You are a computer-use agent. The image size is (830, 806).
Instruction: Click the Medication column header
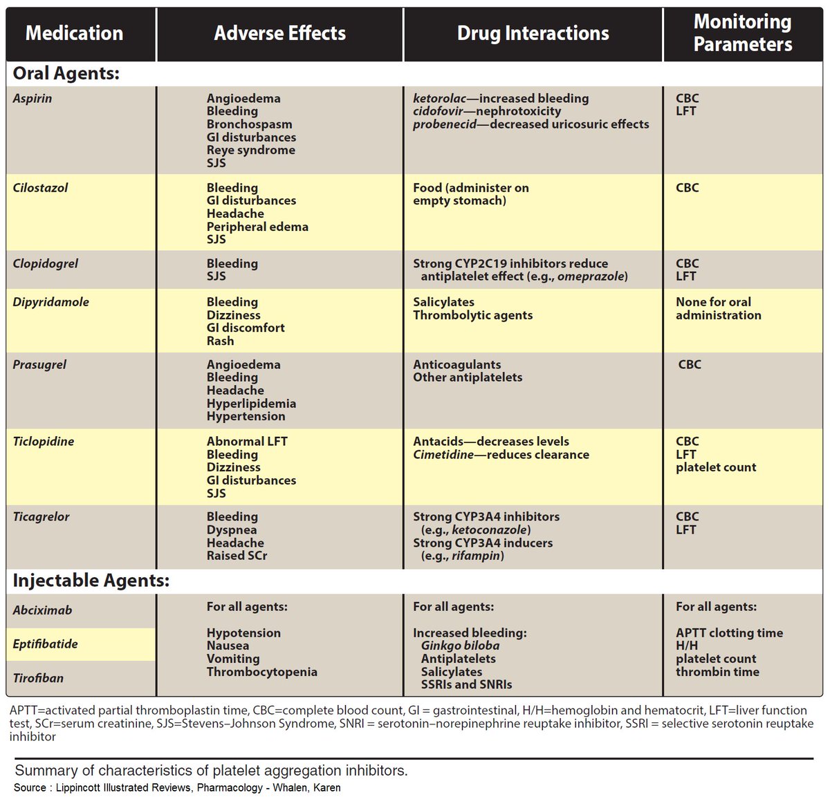click(x=74, y=33)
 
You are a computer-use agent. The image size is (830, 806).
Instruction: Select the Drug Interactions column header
click(x=533, y=33)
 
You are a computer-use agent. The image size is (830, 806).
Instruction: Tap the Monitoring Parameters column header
click(x=743, y=33)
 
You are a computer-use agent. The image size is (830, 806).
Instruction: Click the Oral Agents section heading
click(x=66, y=73)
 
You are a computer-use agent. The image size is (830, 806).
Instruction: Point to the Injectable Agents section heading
click(x=91, y=581)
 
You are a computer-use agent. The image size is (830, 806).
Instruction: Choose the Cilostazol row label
click(x=40, y=188)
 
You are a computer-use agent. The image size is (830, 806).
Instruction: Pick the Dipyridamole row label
click(x=50, y=302)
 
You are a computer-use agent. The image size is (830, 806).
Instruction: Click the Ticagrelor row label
click(x=41, y=517)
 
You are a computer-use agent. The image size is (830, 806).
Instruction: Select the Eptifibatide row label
click(x=45, y=644)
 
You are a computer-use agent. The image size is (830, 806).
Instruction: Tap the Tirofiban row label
click(x=38, y=678)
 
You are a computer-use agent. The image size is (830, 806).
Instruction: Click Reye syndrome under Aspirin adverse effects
click(x=250, y=150)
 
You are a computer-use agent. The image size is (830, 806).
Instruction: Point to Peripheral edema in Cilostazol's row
click(x=257, y=227)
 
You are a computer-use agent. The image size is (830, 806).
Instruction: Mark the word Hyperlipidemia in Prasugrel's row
click(x=251, y=404)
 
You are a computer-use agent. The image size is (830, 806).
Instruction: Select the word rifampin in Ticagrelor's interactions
click(x=477, y=556)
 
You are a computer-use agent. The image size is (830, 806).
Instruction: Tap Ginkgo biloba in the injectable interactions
click(x=460, y=646)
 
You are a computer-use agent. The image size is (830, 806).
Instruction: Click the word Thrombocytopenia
click(x=261, y=672)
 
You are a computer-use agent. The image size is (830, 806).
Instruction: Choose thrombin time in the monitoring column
click(x=717, y=672)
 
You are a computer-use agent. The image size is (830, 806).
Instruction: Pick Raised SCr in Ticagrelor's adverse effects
click(x=237, y=556)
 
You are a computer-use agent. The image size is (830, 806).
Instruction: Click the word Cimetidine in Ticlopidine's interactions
click(x=443, y=455)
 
